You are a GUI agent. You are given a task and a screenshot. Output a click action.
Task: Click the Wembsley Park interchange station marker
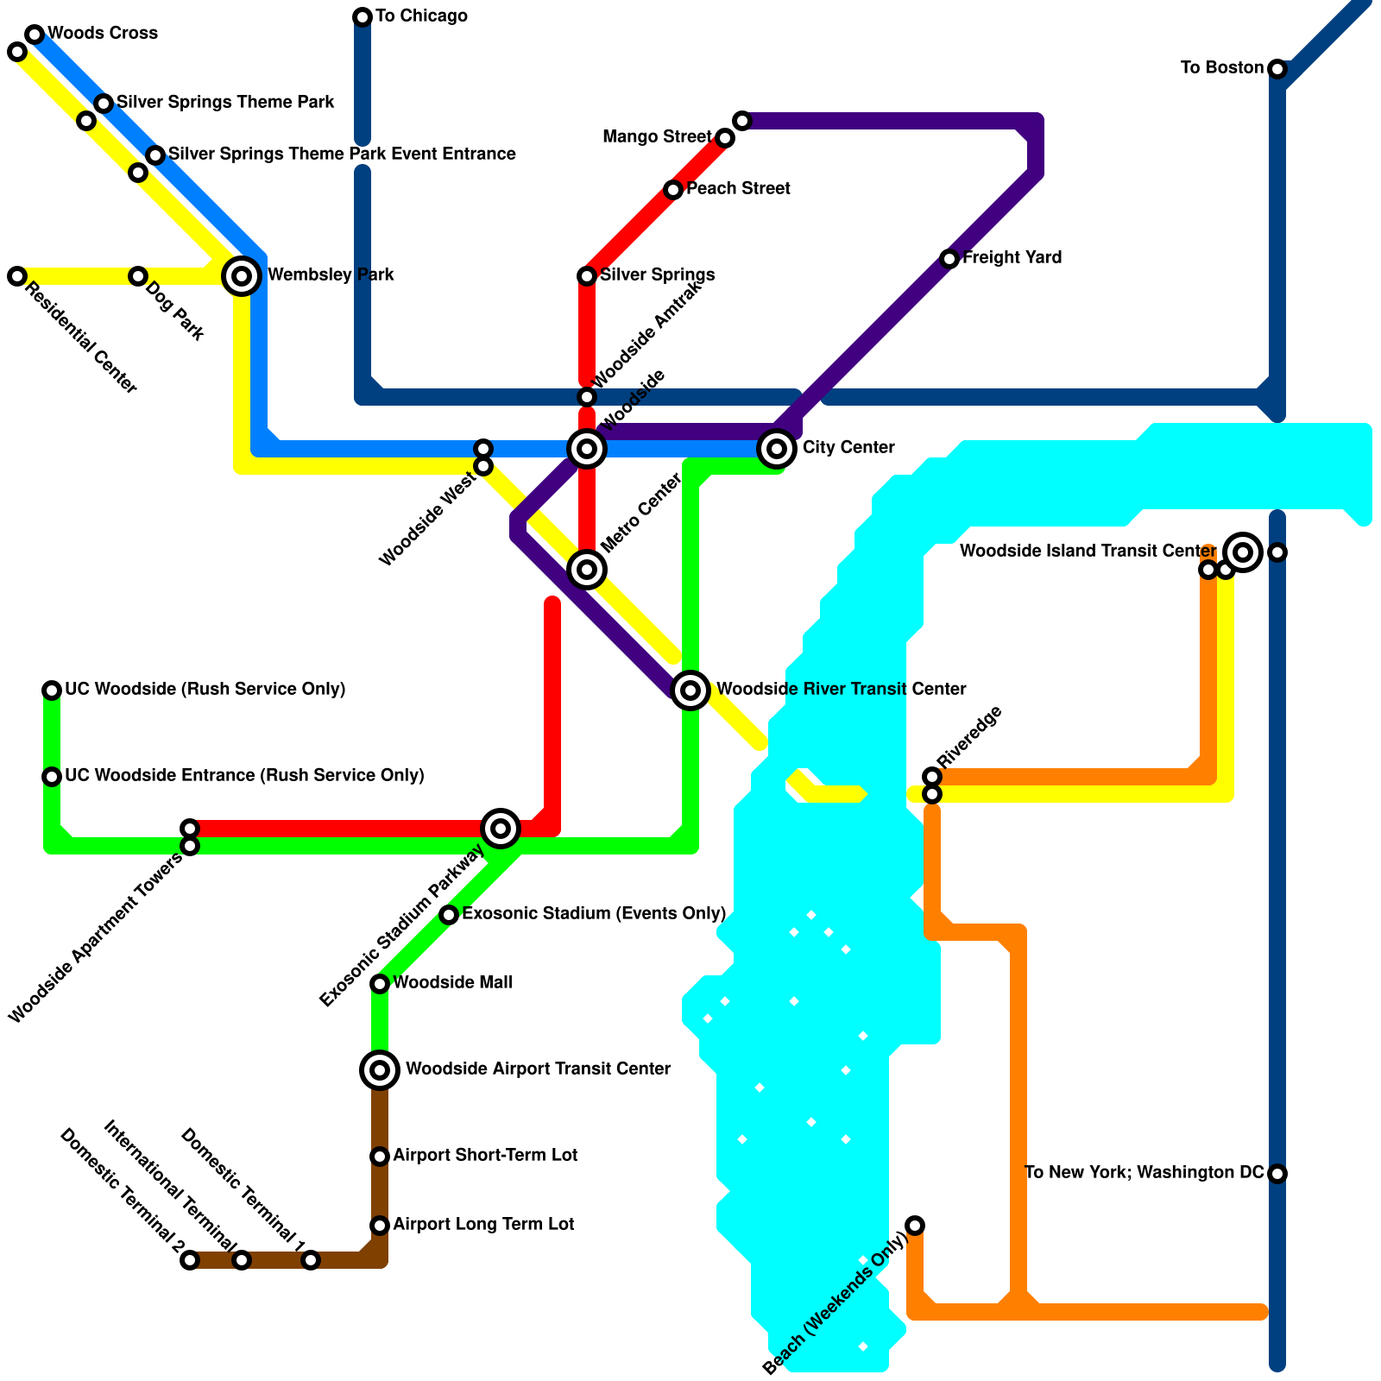point(243,276)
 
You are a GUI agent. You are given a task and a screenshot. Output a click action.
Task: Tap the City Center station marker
point(777,449)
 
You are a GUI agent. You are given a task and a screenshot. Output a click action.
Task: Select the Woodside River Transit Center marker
point(690,690)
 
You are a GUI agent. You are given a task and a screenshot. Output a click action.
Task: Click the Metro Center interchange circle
point(587,570)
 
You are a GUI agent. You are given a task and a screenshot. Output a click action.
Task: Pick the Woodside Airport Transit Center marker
point(380,1070)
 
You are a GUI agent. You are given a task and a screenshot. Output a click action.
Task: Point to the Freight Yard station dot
point(949,259)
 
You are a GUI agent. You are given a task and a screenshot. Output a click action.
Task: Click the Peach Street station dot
point(673,190)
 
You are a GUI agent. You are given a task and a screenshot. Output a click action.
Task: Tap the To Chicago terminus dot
point(363,17)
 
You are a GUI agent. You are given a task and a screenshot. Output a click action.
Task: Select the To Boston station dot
point(1277,69)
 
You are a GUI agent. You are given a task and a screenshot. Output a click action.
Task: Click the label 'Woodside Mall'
point(452,983)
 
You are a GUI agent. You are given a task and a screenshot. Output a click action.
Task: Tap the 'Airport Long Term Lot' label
point(483,1225)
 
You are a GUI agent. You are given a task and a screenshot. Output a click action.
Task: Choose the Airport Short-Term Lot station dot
point(380,1157)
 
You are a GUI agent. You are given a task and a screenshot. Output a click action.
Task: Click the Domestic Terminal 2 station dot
point(190,1260)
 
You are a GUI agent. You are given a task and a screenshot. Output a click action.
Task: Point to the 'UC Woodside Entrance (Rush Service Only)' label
point(244,776)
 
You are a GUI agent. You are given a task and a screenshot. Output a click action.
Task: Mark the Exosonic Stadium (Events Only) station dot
point(449,915)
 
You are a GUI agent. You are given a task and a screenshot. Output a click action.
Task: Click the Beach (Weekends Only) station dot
point(915,1226)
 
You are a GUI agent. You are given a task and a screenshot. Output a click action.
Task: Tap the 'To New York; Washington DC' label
point(1144,1173)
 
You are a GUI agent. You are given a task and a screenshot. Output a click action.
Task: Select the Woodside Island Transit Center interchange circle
point(1243,552)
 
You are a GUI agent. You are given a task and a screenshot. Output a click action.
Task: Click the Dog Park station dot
point(138,276)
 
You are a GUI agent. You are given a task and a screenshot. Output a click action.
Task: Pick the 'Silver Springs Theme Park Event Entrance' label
point(342,154)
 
